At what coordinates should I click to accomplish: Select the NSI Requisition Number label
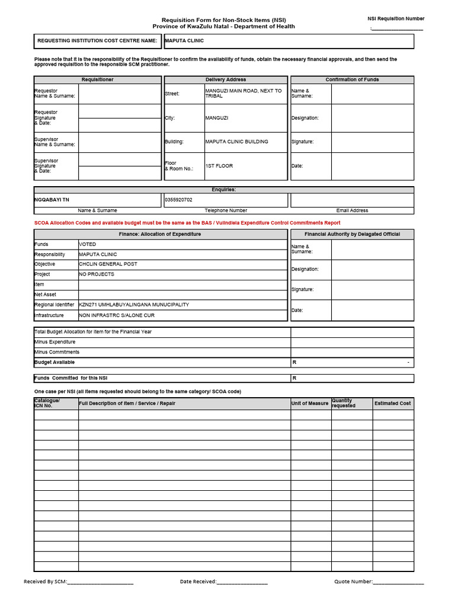click(x=396, y=19)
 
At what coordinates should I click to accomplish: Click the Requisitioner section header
click(x=97, y=79)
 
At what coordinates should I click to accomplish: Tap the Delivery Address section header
click(x=226, y=79)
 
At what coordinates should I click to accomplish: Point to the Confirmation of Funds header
click(x=352, y=79)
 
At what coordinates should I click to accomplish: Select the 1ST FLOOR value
click(x=219, y=166)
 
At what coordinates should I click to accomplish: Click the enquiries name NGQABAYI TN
click(x=52, y=200)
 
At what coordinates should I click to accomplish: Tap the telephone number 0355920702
click(x=178, y=200)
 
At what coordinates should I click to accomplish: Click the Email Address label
click(x=352, y=210)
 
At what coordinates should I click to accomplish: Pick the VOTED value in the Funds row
click(x=87, y=244)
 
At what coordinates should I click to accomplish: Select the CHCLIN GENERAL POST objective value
click(x=108, y=264)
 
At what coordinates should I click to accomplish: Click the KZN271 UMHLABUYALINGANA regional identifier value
click(x=134, y=305)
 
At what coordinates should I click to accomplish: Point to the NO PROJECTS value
click(x=97, y=274)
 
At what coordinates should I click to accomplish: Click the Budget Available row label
click(x=55, y=362)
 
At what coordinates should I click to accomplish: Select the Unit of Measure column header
click(x=310, y=404)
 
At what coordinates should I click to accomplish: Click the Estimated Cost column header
click(x=392, y=404)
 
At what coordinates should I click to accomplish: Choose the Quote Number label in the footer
click(x=353, y=582)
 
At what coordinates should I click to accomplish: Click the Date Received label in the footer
click(x=198, y=582)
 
